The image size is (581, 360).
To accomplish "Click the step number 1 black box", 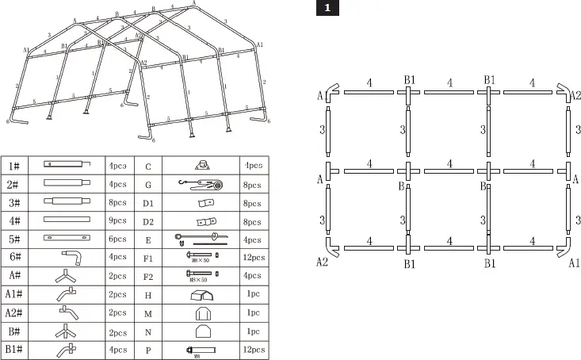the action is coord(327,9).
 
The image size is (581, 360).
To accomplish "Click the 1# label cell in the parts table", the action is coord(14,166).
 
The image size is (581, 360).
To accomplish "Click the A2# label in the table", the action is coord(14,312).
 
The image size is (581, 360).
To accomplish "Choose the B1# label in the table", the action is coord(14,348).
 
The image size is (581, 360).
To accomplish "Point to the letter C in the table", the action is coord(148,166).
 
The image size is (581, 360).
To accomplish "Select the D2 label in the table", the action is coord(148,220).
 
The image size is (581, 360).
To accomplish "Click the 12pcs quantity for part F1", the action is coord(254,257).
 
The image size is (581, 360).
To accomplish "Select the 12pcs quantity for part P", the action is coord(254,348).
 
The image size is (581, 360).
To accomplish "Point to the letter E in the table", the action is coord(148,239).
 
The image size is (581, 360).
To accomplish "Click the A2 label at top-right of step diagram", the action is coord(576,95).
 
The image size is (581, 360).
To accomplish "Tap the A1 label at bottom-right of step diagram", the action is coord(575,262).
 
